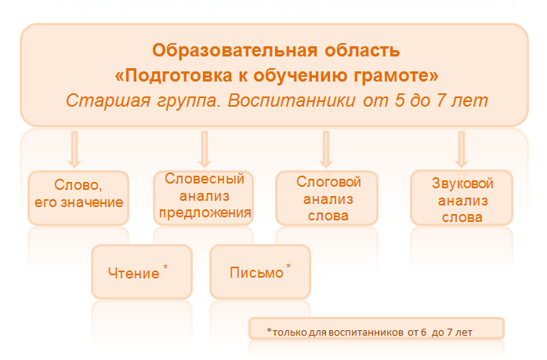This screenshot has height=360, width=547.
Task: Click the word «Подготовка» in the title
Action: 178,76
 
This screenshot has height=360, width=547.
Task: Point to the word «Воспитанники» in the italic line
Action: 292,101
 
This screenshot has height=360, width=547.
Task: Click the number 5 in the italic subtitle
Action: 400,100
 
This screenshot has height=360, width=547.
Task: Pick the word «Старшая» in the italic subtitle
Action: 108,101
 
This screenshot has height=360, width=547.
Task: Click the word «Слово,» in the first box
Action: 78,185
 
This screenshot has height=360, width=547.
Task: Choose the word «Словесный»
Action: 205,179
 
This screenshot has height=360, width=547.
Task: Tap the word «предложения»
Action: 205,213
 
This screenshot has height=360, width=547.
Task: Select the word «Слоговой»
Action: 328,182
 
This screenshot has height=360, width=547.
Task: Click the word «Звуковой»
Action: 462,184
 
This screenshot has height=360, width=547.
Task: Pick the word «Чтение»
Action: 133,274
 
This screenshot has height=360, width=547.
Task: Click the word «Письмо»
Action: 256,273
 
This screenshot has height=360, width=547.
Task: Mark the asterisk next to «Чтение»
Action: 165,267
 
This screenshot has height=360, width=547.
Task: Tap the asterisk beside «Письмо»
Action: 288,267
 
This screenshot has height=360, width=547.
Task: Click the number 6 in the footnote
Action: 423,333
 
